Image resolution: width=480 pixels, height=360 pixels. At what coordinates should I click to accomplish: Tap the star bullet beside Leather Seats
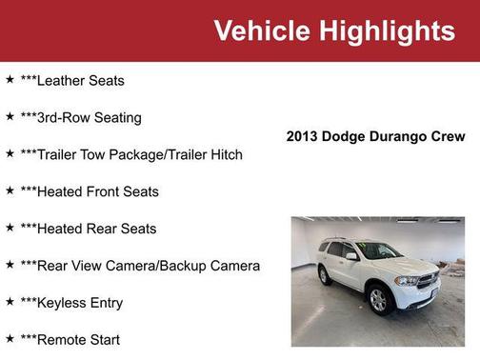click(10, 80)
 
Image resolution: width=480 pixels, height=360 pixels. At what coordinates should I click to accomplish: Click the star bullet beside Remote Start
click(10, 339)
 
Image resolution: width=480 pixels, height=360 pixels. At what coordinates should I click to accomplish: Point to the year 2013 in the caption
click(303, 136)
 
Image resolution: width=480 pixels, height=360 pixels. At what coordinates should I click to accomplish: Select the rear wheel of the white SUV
click(327, 275)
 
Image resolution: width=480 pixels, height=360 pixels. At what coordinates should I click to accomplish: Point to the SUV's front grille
click(428, 281)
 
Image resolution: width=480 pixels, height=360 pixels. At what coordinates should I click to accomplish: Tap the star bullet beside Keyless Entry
click(10, 302)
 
